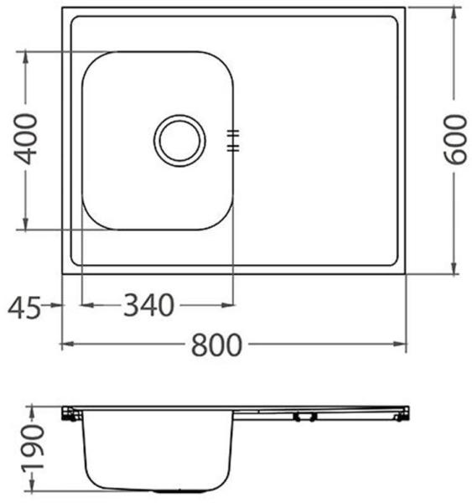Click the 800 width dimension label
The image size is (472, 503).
(216, 345)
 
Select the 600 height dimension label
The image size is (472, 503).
(454, 139)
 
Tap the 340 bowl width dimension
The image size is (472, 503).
(148, 305)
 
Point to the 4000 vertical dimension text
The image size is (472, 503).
(25, 139)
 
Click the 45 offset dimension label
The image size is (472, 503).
(24, 308)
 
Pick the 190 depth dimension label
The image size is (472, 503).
(33, 449)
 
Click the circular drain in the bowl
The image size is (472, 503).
(179, 141)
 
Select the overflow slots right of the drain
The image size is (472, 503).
(233, 141)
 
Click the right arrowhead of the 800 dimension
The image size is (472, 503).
(400, 344)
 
